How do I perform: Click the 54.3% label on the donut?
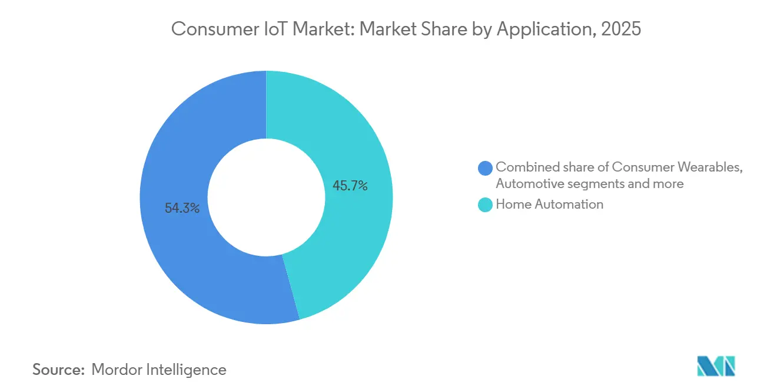pos(182,208)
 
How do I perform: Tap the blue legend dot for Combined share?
pos(486,168)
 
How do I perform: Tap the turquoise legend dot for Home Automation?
pos(486,205)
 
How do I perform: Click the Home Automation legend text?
pos(549,205)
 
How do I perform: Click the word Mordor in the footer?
pos(117,370)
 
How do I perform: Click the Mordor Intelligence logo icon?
pos(716,366)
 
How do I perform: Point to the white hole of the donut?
pos(266,197)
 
